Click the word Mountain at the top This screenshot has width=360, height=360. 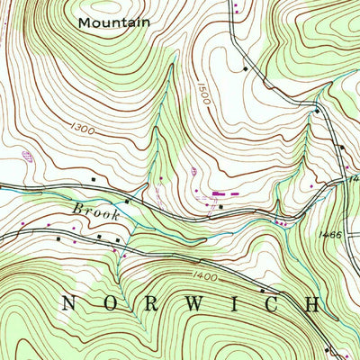[x=113, y=21]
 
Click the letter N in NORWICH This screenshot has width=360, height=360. [x=67, y=303]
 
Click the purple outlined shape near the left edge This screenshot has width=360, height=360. [x=26, y=155]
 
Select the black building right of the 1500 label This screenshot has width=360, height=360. [x=244, y=67]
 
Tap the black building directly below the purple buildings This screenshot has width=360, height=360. [x=221, y=208]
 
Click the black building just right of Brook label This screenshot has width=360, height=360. [x=127, y=202]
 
